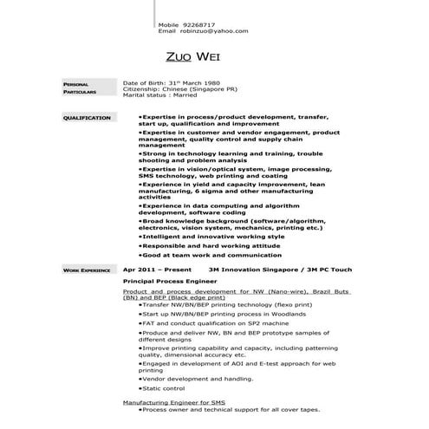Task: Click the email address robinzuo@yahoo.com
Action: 214,31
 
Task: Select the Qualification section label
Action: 87,117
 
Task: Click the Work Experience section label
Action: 87,270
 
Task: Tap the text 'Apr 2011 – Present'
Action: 157,270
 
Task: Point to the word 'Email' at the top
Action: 166,31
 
